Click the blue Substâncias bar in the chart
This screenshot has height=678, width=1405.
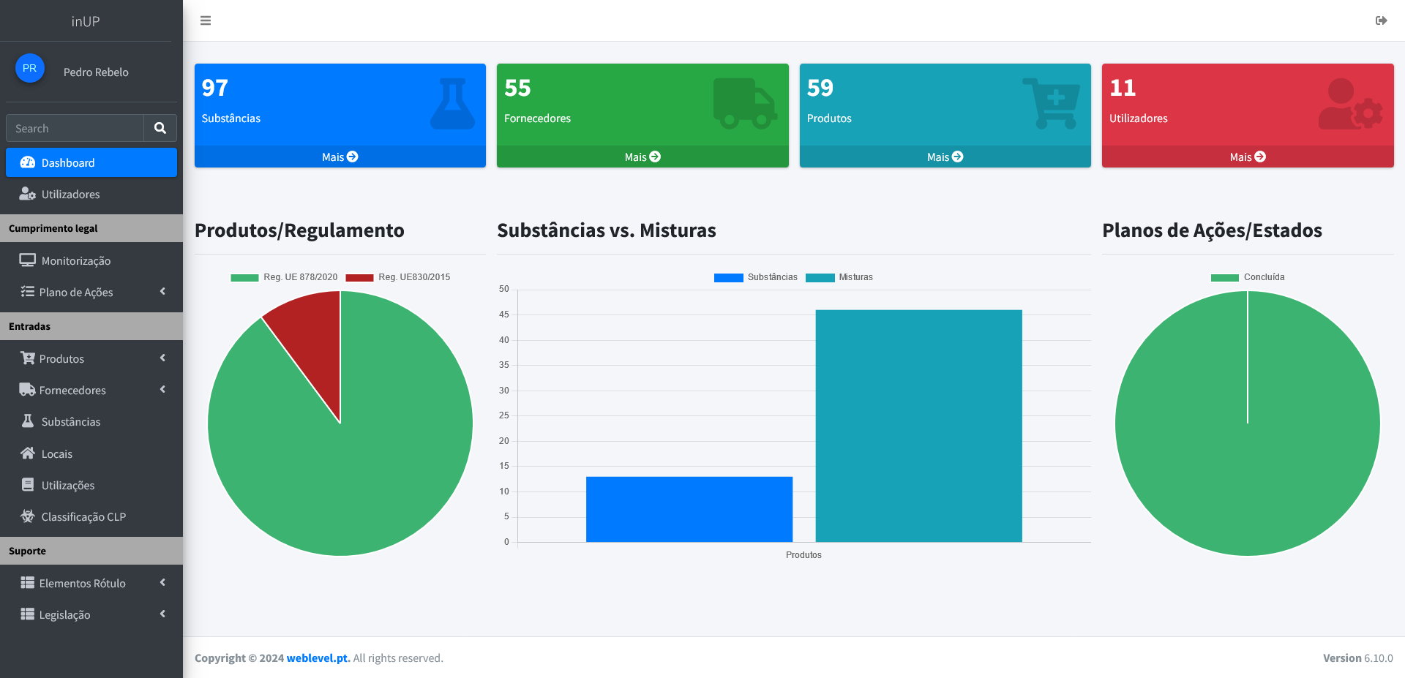689,509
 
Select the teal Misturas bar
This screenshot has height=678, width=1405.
918,426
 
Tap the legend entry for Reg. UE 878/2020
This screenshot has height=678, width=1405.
284,277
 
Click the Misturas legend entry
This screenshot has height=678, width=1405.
839,277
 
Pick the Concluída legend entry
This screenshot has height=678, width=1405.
1248,277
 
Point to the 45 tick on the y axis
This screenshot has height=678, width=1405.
504,314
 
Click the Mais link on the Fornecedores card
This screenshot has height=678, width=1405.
642,157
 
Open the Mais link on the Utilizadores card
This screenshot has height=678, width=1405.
1248,157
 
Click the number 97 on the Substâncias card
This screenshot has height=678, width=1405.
215,88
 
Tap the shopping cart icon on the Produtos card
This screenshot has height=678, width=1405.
1051,103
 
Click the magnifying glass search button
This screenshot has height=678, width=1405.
160,128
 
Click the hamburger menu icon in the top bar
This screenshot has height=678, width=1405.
206,20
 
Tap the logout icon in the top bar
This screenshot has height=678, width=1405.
1382,20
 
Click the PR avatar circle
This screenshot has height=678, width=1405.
30,68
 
